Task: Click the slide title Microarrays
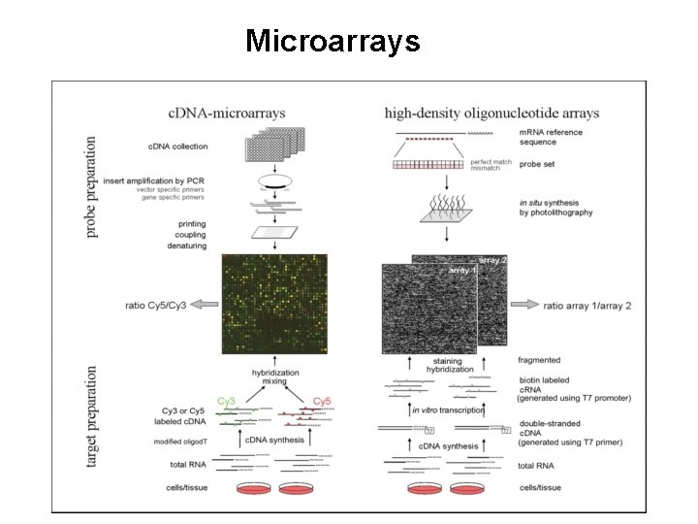coord(333,41)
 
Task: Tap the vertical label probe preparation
coord(92,187)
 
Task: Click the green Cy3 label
coord(226,400)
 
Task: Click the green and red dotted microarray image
coord(274,304)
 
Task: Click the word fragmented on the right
coord(539,359)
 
